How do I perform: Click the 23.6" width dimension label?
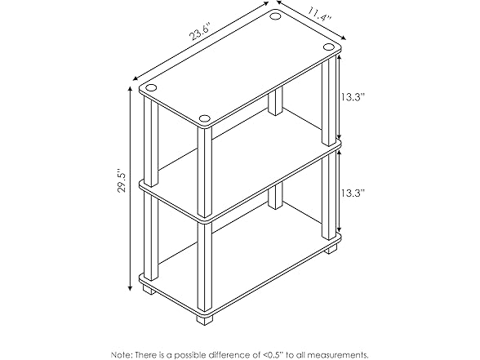pyautogui.click(x=200, y=32)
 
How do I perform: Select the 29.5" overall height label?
pyautogui.click(x=122, y=182)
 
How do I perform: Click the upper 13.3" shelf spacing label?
pyautogui.click(x=353, y=97)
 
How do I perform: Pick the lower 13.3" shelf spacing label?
pyautogui.click(x=353, y=193)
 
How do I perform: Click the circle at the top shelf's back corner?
pyautogui.click(x=274, y=16)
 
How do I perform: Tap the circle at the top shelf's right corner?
pyautogui.click(x=328, y=47)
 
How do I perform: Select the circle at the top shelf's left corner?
pyautogui.click(x=150, y=88)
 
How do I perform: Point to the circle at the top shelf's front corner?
pyautogui.click(x=204, y=118)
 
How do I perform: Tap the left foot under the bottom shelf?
pyautogui.click(x=149, y=288)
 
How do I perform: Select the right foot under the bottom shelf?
pyautogui.click(x=331, y=249)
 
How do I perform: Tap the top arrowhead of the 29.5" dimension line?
pyautogui.click(x=131, y=89)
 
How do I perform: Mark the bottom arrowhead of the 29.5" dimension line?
pyautogui.click(x=131, y=287)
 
